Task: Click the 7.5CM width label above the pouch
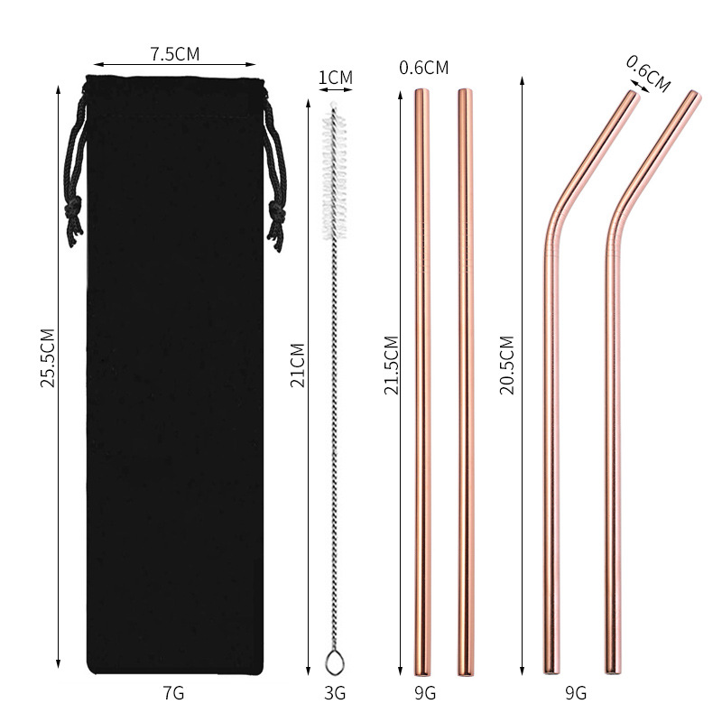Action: (175, 53)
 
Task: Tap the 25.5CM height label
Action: (47, 357)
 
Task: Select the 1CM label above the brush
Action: (335, 79)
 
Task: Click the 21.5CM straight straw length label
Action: (391, 366)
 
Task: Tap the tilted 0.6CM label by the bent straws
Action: (649, 72)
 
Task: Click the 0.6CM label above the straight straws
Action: (423, 67)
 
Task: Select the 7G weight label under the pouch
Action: (173, 693)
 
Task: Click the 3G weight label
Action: (335, 693)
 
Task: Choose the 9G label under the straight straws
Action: (424, 693)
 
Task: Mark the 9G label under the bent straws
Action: (575, 693)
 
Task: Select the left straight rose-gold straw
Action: (422, 379)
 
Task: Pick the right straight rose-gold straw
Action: (465, 379)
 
